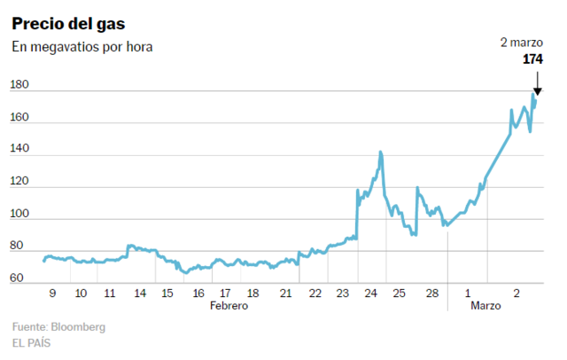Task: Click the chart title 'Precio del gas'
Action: (68, 22)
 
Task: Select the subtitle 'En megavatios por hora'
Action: (82, 47)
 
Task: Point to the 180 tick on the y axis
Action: (19, 85)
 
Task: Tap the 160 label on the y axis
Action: (19, 117)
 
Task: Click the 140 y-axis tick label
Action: (19, 150)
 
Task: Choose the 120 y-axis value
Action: (19, 182)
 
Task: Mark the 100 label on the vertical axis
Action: (19, 214)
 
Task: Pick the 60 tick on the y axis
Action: (17, 278)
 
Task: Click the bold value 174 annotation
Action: (532, 59)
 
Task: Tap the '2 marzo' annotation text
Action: (522, 43)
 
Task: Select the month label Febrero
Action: (229, 305)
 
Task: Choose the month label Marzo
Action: (485, 305)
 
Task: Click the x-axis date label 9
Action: (52, 293)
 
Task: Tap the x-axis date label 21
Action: (285, 293)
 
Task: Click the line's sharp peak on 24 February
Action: (380, 153)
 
